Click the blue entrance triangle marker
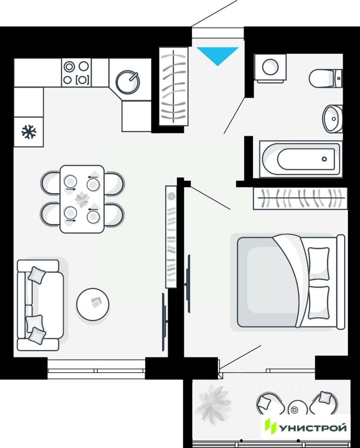tap(218, 54)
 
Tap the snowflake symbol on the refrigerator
tap(29, 132)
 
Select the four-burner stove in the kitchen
tap(76, 73)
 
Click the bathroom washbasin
tap(333, 118)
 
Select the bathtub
tap(300, 159)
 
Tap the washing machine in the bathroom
tap(270, 68)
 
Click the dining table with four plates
tap(82, 199)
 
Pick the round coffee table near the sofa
tap(93, 304)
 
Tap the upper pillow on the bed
tap(318, 263)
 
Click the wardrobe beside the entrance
tap(174, 86)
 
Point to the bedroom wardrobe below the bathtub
tap(300, 198)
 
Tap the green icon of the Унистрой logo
tap(270, 427)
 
